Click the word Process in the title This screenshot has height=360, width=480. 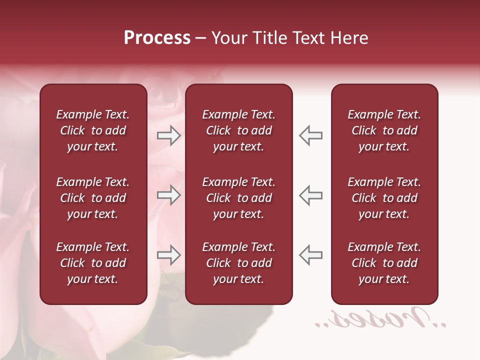(x=157, y=38)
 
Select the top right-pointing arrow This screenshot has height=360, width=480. (x=168, y=135)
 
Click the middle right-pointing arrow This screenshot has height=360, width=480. (x=168, y=195)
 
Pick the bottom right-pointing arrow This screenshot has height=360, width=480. (x=168, y=255)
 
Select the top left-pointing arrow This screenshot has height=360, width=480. (x=311, y=135)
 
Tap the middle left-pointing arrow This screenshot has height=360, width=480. (x=311, y=195)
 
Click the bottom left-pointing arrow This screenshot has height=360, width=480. (x=311, y=255)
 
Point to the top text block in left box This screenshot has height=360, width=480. (x=93, y=130)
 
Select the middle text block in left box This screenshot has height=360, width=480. (x=93, y=198)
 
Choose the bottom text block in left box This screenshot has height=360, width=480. (x=93, y=263)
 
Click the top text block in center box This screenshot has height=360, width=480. (x=238, y=130)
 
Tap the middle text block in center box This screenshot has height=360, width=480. (x=238, y=198)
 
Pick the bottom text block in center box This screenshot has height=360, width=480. (x=238, y=263)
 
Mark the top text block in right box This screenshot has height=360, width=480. (x=384, y=130)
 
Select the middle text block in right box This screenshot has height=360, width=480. (x=384, y=198)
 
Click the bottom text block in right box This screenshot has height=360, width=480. (x=384, y=263)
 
